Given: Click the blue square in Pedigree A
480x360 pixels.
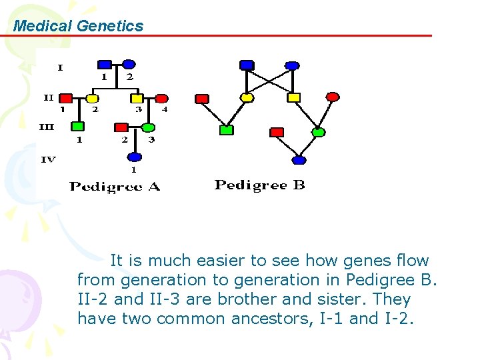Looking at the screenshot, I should (105, 65).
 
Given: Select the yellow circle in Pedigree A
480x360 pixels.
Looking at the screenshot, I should (93, 99).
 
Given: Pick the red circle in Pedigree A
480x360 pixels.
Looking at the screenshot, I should (161, 99).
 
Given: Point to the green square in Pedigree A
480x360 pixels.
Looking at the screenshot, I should (78, 126).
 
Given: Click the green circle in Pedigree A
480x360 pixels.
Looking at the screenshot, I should (149, 127).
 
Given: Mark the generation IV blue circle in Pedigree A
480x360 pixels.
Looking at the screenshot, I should (135, 157).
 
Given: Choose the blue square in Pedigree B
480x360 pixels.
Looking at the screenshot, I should (247, 65).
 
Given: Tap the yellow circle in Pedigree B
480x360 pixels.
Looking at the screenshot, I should (247, 97).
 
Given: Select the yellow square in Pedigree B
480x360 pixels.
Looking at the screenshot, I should (293, 97).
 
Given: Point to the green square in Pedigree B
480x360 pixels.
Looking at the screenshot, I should (227, 130).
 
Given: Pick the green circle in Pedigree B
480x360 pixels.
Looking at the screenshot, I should (319, 132).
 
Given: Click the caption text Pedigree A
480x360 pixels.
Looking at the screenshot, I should (115, 187).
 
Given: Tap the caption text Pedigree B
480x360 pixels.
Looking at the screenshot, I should (259, 185).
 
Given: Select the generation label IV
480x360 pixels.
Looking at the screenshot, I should (49, 159).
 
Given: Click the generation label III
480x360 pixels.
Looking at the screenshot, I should (47, 126).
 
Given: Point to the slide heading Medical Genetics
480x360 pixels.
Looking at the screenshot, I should (79, 26).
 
